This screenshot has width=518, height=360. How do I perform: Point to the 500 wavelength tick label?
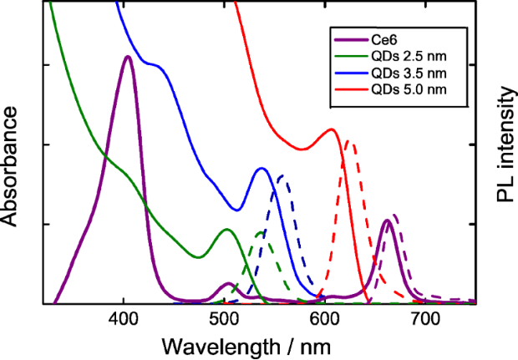point(224,319)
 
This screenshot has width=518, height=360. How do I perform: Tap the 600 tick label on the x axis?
point(324,319)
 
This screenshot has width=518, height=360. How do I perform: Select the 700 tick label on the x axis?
point(424,319)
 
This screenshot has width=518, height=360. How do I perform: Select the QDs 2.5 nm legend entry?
point(403,57)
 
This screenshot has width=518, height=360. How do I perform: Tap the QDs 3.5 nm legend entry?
point(403,73)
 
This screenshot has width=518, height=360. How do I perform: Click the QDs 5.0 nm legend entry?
point(403,89)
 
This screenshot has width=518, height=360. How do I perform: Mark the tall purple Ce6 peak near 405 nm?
point(127,57)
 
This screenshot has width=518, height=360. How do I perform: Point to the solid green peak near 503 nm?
point(226,229)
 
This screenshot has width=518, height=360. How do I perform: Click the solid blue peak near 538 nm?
point(262,169)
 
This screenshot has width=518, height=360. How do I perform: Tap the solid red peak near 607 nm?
point(332,129)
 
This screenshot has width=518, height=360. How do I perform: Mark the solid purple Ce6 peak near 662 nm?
point(387,221)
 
